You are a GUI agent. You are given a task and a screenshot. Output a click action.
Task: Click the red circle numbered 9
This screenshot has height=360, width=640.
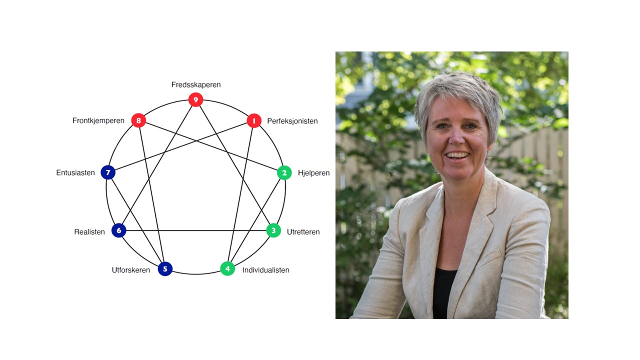pos(195,99)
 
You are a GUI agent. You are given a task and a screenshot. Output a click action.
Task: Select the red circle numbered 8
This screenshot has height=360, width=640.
pos(138,120)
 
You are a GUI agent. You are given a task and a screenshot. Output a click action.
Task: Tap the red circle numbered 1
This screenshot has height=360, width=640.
pos(254,121)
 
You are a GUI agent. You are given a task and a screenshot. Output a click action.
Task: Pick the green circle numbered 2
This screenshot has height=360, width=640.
pos(284,172)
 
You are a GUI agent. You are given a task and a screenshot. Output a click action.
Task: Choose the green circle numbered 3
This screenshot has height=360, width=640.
pos(273,230)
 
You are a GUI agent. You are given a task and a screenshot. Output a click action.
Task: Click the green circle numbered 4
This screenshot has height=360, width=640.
pos(227,268)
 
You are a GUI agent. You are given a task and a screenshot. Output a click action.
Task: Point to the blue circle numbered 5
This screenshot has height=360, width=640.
pos(165,269)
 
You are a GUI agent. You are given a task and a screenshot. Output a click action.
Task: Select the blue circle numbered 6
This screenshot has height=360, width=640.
pos(119,230)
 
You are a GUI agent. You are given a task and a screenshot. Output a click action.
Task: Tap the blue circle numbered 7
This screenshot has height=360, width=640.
pos(108,172)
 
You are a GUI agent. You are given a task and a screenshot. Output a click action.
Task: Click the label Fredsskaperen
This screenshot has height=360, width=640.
pos(196,84)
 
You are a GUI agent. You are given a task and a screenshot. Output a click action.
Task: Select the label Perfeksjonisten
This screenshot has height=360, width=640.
pos(292,121)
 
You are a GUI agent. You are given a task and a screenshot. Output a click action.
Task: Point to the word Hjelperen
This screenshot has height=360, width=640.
pos(313,173)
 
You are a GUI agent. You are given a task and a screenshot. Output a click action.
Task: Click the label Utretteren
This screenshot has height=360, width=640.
pos(303,231)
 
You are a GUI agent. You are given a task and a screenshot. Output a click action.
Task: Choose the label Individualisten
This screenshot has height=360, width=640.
pos(265,270)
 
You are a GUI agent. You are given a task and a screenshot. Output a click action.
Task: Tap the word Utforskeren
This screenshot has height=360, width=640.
pos(131,270)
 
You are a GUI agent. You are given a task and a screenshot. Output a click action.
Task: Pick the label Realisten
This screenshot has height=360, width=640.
pos(89,231)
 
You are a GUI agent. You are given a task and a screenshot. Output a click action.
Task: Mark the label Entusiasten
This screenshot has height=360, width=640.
pos(75,172)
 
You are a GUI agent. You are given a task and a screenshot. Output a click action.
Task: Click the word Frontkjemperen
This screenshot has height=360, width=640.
pos(98,120)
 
